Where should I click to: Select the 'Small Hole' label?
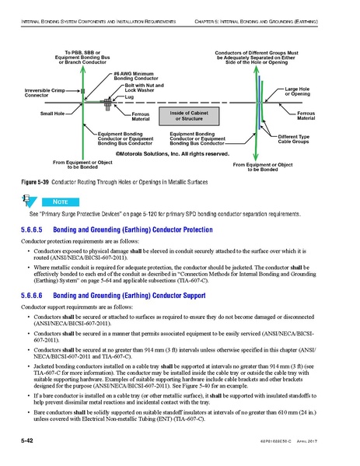[x=52, y=114]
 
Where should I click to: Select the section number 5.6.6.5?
[x=30, y=231]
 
